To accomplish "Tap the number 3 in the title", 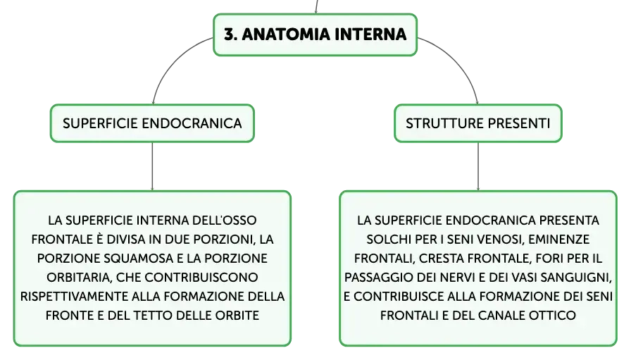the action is point(229,35).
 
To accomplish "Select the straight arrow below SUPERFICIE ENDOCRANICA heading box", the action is point(152,166).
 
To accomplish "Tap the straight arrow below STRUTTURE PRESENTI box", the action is point(478,166).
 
